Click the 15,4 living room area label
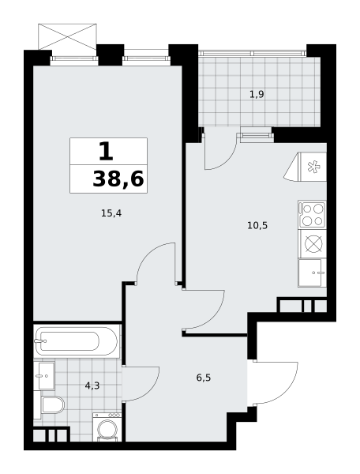coord(111,213)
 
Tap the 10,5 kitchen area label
coord(257,225)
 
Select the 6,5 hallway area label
coord(204,378)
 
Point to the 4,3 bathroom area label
coord(92,386)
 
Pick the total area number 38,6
coord(118,179)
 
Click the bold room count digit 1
coord(105,150)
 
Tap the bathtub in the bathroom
coord(77,342)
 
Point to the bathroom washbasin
coord(44,377)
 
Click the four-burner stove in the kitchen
coord(312,214)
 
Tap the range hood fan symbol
coord(311,167)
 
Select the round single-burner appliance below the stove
coord(312,243)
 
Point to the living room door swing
coord(156,265)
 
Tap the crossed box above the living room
coord(67,36)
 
